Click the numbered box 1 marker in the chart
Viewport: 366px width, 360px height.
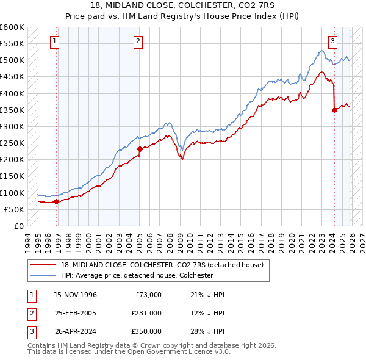coord(55,41)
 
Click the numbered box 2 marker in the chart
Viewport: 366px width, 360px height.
coord(138,41)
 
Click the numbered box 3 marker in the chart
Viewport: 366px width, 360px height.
coord(332,41)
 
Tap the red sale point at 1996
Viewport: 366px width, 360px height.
coord(56,201)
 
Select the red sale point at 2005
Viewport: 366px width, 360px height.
coord(140,149)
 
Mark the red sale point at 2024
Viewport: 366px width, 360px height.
coord(334,110)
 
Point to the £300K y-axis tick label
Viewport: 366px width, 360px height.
coord(12,126)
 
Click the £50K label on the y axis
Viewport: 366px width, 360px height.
coord(15,209)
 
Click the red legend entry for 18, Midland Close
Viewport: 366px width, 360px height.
coord(162,265)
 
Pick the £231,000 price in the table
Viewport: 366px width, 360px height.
coord(146,313)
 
